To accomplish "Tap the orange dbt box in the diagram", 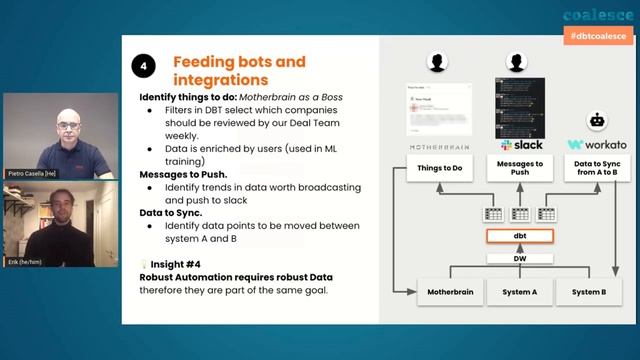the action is pyautogui.click(x=520, y=237).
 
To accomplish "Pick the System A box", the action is pyautogui.click(x=520, y=292).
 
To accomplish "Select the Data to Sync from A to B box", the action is pyautogui.click(x=597, y=168).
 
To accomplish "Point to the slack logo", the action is pyautogui.click(x=521, y=145).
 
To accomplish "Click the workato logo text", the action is pyautogui.click(x=597, y=145).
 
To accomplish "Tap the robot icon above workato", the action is pyautogui.click(x=598, y=120).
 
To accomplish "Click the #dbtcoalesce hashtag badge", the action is pyautogui.click(x=597, y=35).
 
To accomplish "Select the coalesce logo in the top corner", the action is pyautogui.click(x=597, y=14).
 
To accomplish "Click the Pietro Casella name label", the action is pyautogui.click(x=31, y=174).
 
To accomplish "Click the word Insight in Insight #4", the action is pyautogui.click(x=169, y=264).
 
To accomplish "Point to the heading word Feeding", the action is pyautogui.click(x=206, y=61).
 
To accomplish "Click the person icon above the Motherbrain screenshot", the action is pyautogui.click(x=436, y=63).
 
